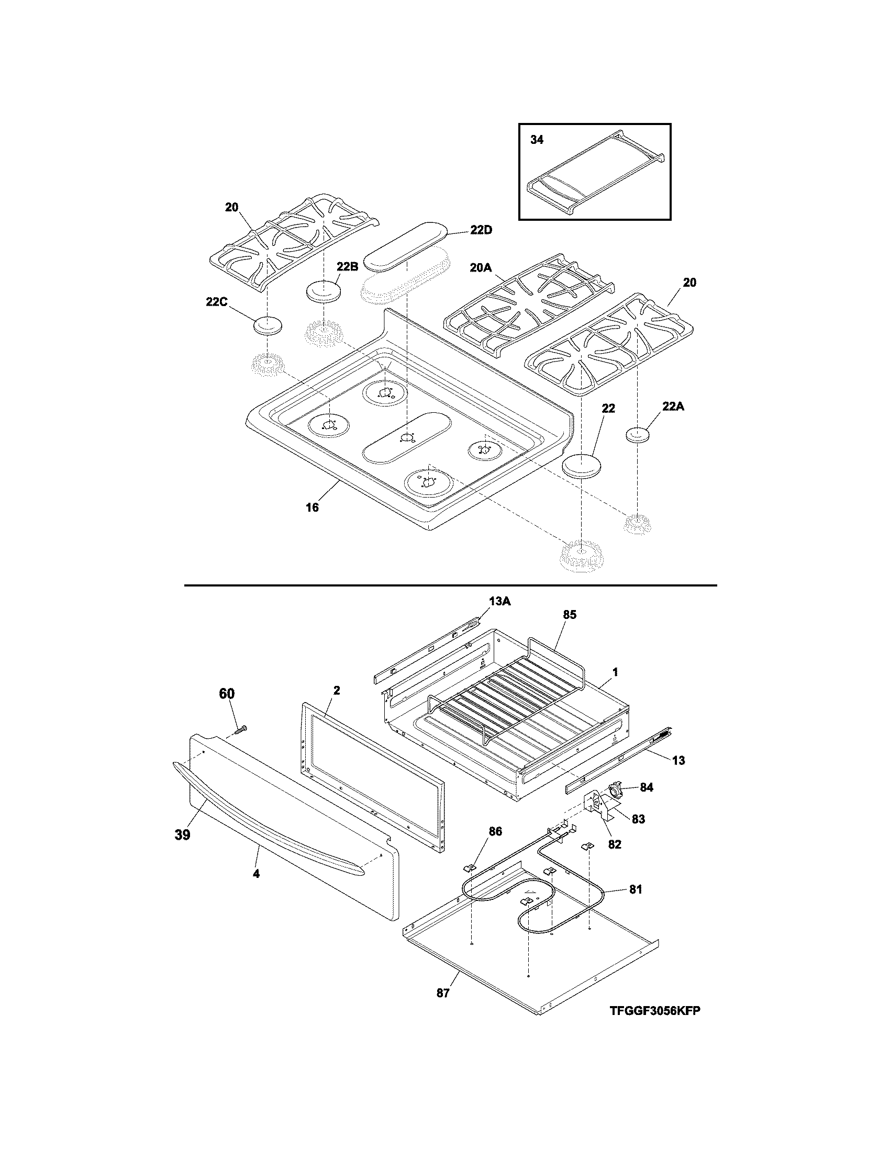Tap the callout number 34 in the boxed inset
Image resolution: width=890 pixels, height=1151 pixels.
click(537, 140)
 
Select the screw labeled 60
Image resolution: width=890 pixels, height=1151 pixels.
click(241, 729)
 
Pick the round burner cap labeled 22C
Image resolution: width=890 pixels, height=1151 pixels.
click(268, 325)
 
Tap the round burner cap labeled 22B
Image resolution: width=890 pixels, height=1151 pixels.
click(323, 290)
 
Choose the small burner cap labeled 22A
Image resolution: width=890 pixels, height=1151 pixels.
click(637, 435)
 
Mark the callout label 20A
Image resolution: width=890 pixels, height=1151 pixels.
click(480, 268)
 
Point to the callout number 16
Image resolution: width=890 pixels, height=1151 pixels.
click(312, 507)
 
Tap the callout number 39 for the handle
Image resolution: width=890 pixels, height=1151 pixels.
click(182, 835)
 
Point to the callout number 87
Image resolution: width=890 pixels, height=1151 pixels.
click(443, 993)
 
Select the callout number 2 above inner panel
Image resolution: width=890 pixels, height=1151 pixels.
click(337, 691)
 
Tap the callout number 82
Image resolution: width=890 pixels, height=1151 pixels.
click(615, 844)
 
